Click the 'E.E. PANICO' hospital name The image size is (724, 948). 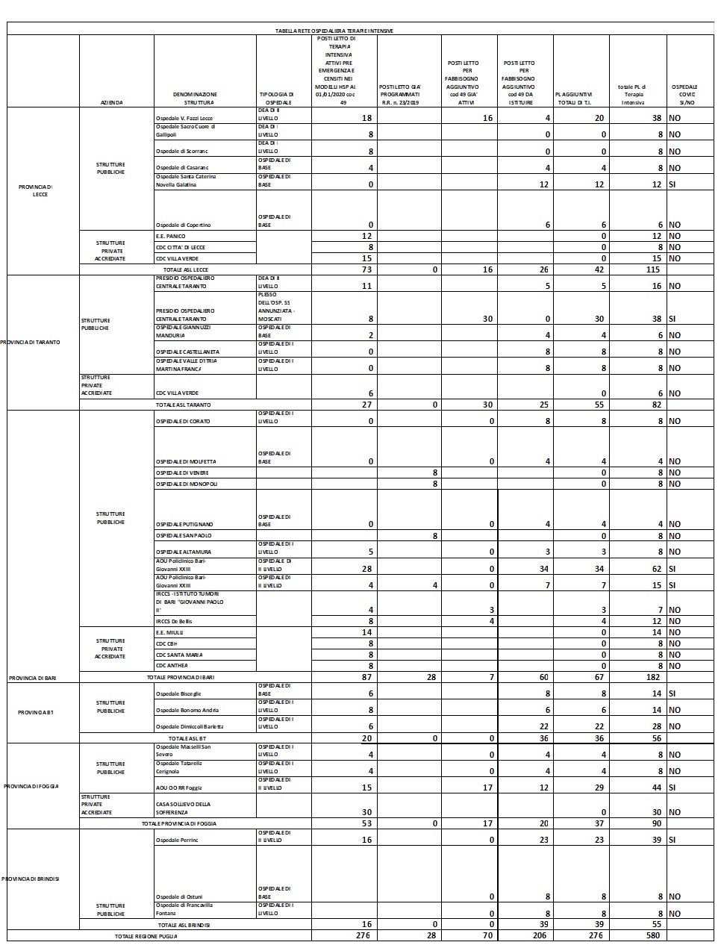170,236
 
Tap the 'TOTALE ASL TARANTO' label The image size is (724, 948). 183,405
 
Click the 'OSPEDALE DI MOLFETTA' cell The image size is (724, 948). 186,461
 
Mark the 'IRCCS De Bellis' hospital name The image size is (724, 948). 175,621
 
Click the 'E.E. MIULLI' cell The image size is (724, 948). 169,632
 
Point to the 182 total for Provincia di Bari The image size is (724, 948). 652,677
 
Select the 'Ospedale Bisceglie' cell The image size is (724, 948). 178,693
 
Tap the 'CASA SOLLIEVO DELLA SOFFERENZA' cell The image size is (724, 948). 183,808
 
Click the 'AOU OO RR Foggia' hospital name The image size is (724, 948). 178,788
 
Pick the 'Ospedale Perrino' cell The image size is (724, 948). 177,841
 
